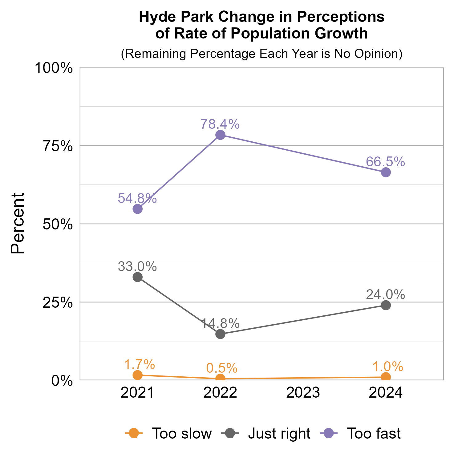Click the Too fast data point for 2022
220,135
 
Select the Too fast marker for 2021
138,209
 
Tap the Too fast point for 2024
386,172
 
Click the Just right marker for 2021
138,277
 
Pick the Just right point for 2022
220,334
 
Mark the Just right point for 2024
386,305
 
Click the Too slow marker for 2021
138,375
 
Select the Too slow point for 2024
386,377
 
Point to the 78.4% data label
220,124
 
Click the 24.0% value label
385,295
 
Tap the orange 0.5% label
222,368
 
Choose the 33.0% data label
137,266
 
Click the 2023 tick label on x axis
303,393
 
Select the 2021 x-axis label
137,393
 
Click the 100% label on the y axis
54,68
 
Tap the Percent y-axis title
18,224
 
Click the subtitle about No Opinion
261,54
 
